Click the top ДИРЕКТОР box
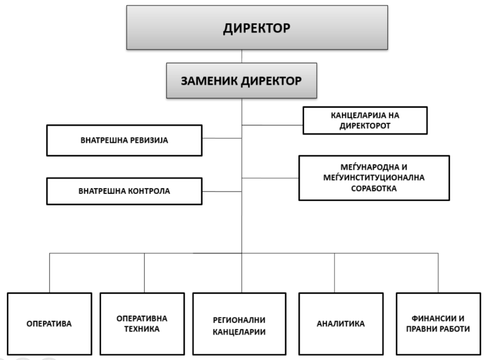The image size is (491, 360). click(x=257, y=27)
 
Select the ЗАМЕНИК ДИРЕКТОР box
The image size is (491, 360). click(x=242, y=81)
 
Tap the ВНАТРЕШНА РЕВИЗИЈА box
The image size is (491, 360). click(x=124, y=140)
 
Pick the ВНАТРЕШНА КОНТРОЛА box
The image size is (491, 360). click(x=124, y=191)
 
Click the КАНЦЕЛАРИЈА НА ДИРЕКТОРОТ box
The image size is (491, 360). click(x=365, y=121)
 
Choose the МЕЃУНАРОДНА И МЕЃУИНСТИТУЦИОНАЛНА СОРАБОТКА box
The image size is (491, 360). click(x=374, y=178)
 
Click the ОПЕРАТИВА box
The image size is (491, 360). click(x=49, y=324)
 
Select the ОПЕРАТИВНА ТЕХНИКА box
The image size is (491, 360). click(x=142, y=324)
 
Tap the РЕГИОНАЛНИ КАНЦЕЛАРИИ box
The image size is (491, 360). click(x=239, y=324)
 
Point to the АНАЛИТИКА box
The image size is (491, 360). click(x=341, y=324)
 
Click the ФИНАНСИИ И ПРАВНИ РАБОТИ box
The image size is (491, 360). click(x=438, y=324)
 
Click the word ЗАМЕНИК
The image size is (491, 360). click(x=209, y=81)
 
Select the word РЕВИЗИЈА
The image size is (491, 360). click(x=149, y=140)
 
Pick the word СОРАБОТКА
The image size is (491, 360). click(x=374, y=188)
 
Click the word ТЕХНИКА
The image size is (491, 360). click(x=142, y=329)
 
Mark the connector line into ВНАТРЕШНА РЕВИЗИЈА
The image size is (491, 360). click(x=222, y=138)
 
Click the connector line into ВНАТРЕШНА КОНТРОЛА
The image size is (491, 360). click(x=222, y=191)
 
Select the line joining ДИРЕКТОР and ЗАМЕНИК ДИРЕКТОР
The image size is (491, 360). click(x=242, y=56)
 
